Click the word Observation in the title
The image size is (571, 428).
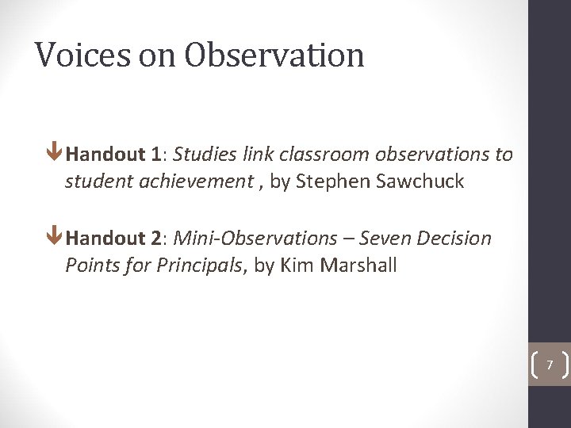pyautogui.click(x=274, y=55)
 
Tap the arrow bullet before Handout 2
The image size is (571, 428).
pyautogui.click(x=55, y=238)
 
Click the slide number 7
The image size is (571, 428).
pyautogui.click(x=549, y=365)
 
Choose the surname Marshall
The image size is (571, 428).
pyautogui.click(x=358, y=266)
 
